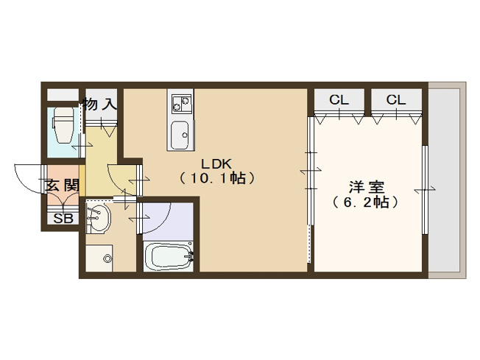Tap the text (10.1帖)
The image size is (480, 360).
pyautogui.click(x=216, y=178)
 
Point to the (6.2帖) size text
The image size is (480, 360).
pyautogui.click(x=365, y=202)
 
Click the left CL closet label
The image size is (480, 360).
pyautogui.click(x=339, y=99)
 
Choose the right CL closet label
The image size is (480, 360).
pyautogui.click(x=395, y=99)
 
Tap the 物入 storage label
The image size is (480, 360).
pyautogui.click(x=100, y=105)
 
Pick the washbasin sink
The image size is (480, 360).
pyautogui.click(x=97, y=218)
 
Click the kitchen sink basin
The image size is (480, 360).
pyautogui.click(x=180, y=134)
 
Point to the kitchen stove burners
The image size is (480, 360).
pyautogui.click(x=180, y=103)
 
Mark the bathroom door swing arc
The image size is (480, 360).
pyautogui.click(x=156, y=217)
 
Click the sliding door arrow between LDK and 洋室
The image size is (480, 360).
pyautogui.click(x=310, y=172)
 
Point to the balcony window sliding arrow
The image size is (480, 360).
pyautogui.click(x=424, y=191)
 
